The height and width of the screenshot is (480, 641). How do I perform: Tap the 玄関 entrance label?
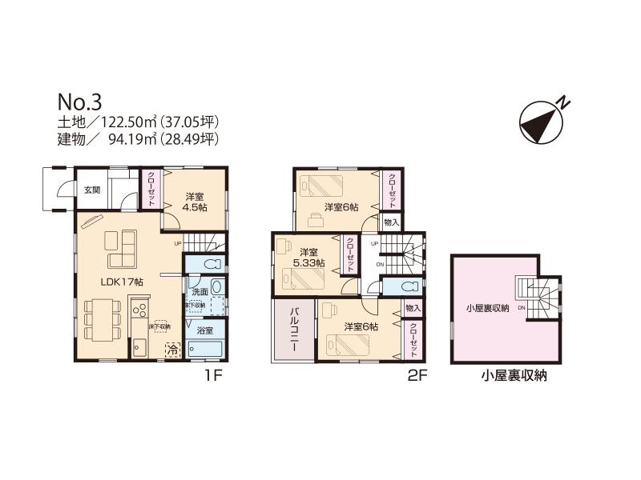tap(91, 190)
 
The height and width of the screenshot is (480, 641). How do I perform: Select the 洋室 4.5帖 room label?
tap(194, 202)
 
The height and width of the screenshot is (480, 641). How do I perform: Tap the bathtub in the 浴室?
tap(208, 349)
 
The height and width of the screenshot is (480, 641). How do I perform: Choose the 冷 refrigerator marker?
tap(172, 349)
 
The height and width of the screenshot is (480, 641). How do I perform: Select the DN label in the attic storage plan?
tap(522, 307)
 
